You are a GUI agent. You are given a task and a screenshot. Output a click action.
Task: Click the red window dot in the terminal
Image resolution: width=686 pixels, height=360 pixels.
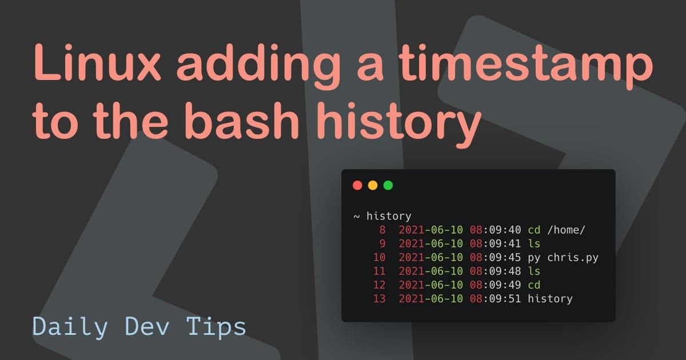coord(358,185)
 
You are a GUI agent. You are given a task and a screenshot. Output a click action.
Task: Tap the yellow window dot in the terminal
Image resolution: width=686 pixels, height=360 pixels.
coord(373,185)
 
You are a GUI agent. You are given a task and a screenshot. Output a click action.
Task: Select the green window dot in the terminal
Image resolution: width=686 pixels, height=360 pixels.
coord(388,185)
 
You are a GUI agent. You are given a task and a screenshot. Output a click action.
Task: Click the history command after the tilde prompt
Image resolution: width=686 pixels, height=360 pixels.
coord(389,216)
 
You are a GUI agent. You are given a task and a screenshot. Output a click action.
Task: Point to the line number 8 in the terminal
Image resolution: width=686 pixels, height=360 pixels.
coord(382,230)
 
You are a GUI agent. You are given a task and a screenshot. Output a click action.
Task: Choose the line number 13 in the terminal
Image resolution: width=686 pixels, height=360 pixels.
coord(378,299)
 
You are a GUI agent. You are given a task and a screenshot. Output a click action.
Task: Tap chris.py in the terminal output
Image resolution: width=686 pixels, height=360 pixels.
coord(573,258)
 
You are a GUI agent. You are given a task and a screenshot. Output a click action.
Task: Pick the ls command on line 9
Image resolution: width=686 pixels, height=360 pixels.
coord(534,244)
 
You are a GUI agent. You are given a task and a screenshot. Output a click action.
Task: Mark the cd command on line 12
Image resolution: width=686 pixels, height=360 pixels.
coord(534,285)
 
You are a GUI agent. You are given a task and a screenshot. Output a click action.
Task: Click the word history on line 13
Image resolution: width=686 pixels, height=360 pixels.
coord(550,299)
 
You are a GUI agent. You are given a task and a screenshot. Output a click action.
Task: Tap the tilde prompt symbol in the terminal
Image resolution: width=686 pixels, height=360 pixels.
coord(356,217)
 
